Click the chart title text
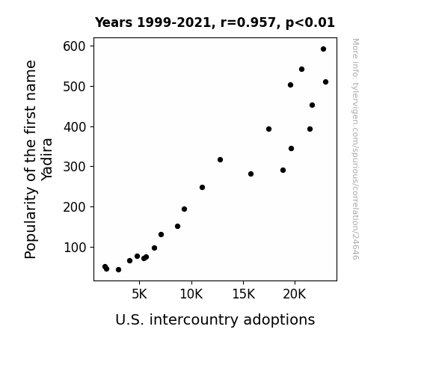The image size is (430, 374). (x=215, y=22)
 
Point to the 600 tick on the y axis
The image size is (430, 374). (x=74, y=46)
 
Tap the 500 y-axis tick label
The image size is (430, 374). (x=74, y=87)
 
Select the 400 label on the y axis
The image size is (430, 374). (x=74, y=126)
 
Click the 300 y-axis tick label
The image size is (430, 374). (x=74, y=167)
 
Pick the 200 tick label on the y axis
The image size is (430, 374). (x=74, y=207)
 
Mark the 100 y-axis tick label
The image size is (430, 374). (x=74, y=248)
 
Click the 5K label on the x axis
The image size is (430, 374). (x=139, y=294)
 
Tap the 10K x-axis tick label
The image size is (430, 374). (x=191, y=294)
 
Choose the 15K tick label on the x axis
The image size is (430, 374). (x=243, y=294)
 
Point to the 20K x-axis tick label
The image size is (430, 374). (x=295, y=294)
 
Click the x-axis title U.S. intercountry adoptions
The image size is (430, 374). (x=215, y=319)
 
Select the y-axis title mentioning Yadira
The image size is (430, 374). (x=38, y=159)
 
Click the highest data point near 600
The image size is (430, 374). (x=323, y=49)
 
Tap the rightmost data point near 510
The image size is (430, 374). (x=325, y=82)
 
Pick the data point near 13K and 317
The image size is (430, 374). (x=220, y=159)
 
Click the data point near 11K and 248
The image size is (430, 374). (x=203, y=188)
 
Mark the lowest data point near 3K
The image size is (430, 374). (x=118, y=270)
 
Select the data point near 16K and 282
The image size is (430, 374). (x=251, y=174)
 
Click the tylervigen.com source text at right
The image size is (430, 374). (x=355, y=149)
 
